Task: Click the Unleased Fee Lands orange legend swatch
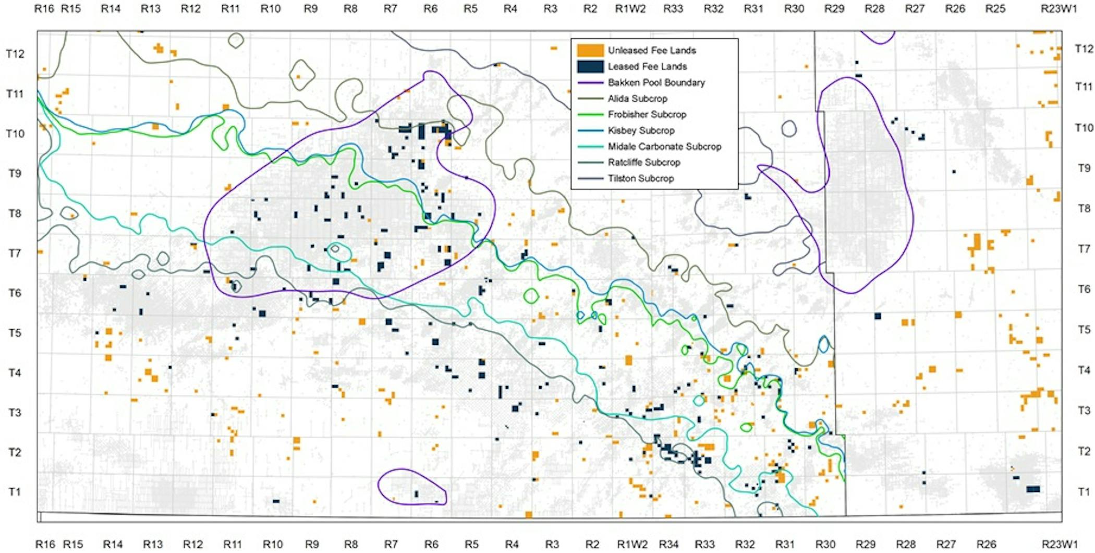(x=590, y=50)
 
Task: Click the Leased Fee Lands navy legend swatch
(x=590, y=66)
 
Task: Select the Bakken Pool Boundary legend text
(x=656, y=82)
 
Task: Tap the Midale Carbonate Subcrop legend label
(x=664, y=147)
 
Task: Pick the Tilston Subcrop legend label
(x=640, y=178)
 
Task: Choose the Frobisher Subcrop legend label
(x=647, y=114)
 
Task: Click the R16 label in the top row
(x=44, y=9)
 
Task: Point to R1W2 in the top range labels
(x=630, y=9)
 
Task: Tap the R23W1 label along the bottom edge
(x=1059, y=544)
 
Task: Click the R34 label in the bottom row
(x=668, y=544)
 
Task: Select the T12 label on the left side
(x=15, y=54)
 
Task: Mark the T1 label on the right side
(x=1084, y=491)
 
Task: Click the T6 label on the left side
(x=15, y=293)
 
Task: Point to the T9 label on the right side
(x=1084, y=168)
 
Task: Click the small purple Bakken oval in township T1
(x=412, y=487)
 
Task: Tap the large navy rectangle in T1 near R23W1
(x=1033, y=489)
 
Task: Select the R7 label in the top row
(x=390, y=9)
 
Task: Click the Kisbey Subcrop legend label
(x=641, y=130)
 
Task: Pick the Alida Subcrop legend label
(x=637, y=99)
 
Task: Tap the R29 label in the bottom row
(x=865, y=544)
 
